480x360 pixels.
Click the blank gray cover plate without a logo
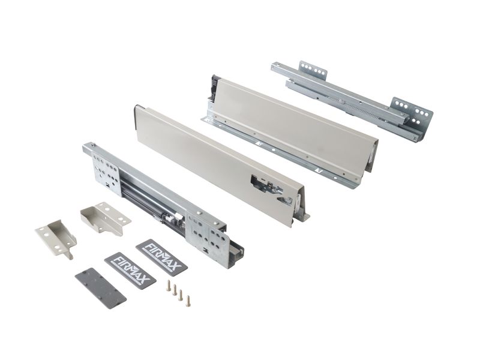click(x=100, y=288)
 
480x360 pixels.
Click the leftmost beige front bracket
click(x=56, y=238)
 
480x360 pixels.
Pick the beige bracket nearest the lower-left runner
click(x=106, y=217)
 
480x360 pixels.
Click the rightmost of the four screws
click(x=187, y=301)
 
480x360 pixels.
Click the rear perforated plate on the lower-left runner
click(x=106, y=173)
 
